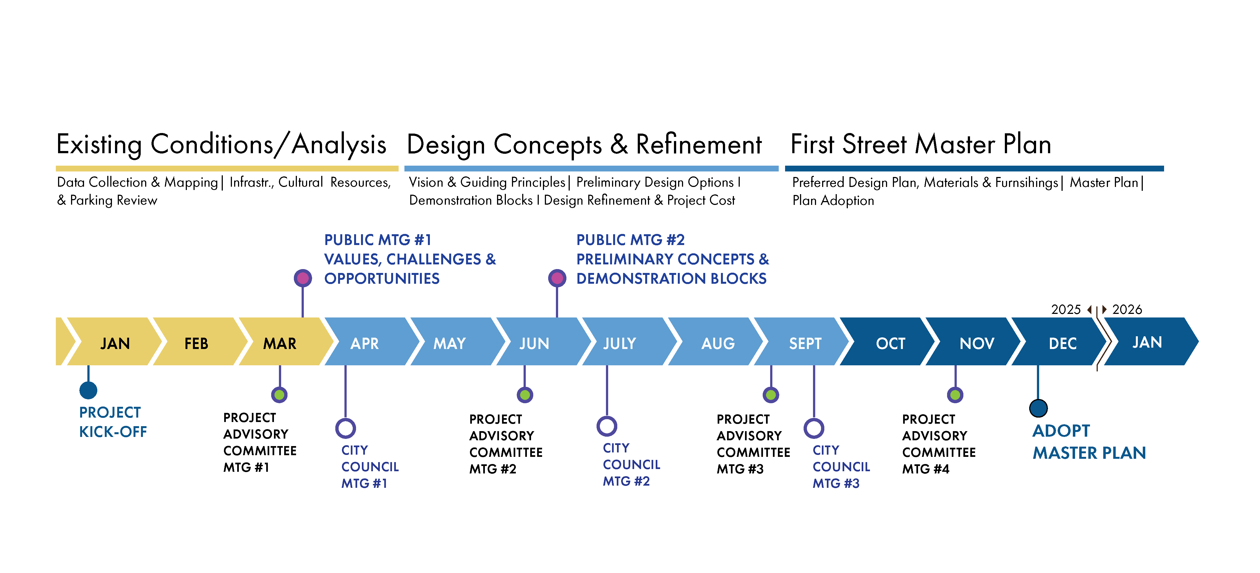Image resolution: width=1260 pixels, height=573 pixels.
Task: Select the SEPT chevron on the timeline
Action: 805,343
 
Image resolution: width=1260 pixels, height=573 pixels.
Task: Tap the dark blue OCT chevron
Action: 890,343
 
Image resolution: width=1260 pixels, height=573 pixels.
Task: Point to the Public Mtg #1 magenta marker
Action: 303,278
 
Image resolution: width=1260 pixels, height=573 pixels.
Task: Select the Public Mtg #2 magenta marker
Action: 557,278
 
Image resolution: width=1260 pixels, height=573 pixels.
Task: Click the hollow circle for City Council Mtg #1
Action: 345,428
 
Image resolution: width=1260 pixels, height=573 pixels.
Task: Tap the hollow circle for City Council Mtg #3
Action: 814,428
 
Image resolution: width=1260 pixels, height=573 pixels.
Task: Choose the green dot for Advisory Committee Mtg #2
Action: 525,394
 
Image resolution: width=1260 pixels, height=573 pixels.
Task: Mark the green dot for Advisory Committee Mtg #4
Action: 955,394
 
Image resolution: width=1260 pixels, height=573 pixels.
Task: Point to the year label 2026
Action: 1127,309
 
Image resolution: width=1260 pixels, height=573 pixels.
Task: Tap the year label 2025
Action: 1066,309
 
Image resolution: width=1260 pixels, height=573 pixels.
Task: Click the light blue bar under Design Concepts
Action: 591,168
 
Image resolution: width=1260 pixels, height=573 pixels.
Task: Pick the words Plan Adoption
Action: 833,200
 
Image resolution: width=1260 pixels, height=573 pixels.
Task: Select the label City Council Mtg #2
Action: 631,464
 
